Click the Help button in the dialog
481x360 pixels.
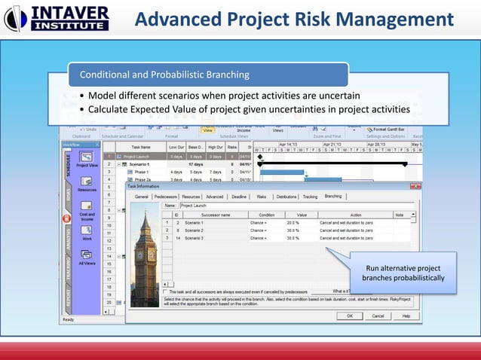[x=406, y=316]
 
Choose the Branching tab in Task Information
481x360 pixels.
[x=333, y=196]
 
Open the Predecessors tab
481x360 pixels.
[x=166, y=196]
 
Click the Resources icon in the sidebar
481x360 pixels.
[x=87, y=184]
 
